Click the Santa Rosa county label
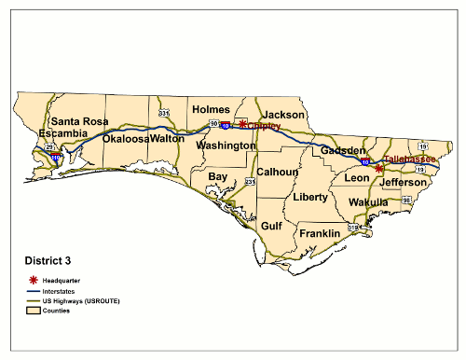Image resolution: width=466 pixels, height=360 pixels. pyautogui.click(x=79, y=121)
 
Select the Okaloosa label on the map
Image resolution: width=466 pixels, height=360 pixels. pyautogui.click(x=126, y=138)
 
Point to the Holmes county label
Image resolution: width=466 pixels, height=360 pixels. pyautogui.click(x=211, y=109)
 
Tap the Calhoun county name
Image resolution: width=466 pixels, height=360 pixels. pyautogui.click(x=278, y=172)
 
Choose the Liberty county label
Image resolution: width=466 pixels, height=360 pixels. pyautogui.click(x=310, y=197)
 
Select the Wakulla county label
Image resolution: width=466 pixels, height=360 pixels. pyautogui.click(x=368, y=202)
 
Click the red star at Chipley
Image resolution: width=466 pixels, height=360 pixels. pyautogui.click(x=242, y=123)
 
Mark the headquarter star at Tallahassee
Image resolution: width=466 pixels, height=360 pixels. pyautogui.click(x=378, y=168)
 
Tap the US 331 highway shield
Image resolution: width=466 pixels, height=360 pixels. pyautogui.click(x=164, y=113)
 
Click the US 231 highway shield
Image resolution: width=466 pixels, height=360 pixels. pyautogui.click(x=251, y=181)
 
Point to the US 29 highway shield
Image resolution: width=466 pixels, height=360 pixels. pyautogui.click(x=48, y=147)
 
